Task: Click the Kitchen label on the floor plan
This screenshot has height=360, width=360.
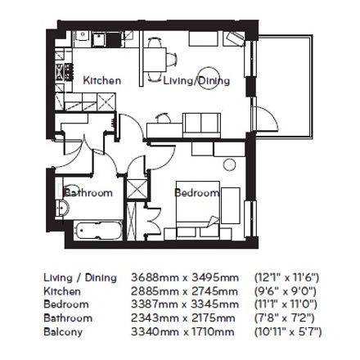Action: click(x=101, y=80)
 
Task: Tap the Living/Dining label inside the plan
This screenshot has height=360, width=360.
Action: click(x=196, y=81)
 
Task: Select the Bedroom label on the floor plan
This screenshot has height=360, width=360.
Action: click(x=196, y=193)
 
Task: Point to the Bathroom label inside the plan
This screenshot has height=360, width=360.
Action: click(x=88, y=192)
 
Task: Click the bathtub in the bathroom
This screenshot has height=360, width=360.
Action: click(x=98, y=231)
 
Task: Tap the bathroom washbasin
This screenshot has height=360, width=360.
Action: click(x=62, y=209)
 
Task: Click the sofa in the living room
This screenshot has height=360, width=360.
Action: click(x=201, y=125)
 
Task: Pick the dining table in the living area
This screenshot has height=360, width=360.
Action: click(x=155, y=60)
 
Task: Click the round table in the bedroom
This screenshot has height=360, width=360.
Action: click(x=229, y=164)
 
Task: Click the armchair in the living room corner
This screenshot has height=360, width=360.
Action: click(x=234, y=38)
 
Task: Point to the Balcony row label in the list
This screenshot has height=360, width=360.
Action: click(x=63, y=332)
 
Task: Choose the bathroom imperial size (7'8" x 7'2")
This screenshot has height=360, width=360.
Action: click(x=285, y=318)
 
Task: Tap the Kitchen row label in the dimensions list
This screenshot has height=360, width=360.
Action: click(x=62, y=291)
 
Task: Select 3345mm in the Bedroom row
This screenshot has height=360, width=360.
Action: click(x=214, y=304)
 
